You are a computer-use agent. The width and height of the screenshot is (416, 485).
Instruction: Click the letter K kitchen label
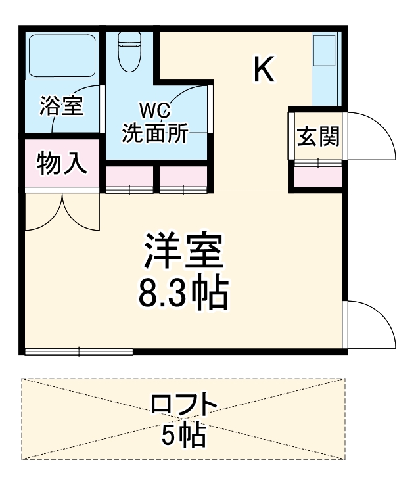coord(264,69)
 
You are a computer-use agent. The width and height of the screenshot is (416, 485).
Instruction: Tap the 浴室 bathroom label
coord(61,106)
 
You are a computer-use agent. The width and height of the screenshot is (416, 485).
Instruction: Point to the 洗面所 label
coord(155,133)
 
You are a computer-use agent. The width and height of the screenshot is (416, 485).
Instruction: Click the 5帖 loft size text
coord(183,434)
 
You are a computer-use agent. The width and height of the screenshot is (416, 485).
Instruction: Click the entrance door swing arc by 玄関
coord(372,135)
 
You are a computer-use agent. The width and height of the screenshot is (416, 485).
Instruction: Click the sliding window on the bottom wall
coord(78,352)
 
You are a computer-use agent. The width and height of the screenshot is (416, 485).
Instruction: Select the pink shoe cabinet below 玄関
coord(317,176)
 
